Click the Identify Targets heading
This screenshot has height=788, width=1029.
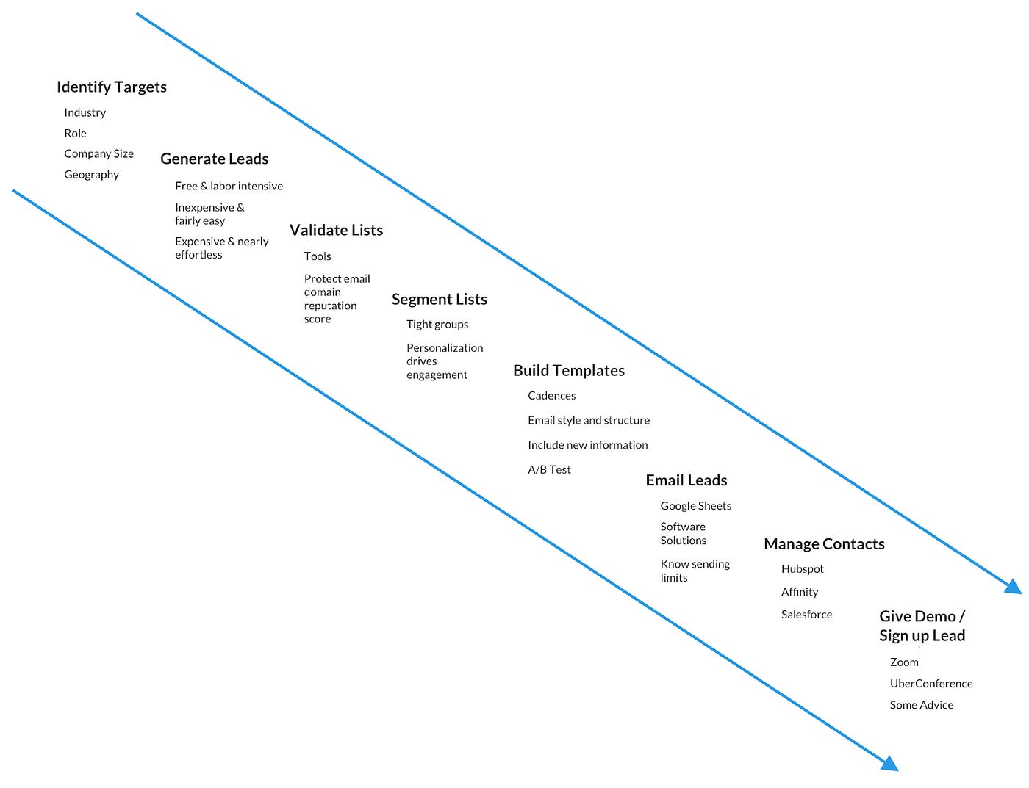(x=112, y=87)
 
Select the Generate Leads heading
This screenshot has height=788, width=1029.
(x=214, y=159)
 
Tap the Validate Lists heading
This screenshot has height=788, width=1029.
(x=336, y=230)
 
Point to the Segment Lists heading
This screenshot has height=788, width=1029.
(x=439, y=299)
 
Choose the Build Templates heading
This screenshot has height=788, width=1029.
(x=568, y=370)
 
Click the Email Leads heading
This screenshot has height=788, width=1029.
(x=686, y=480)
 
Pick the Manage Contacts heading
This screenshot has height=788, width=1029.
(x=823, y=544)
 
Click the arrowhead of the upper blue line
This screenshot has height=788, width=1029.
(x=1014, y=586)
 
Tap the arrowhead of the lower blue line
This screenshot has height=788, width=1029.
(x=889, y=764)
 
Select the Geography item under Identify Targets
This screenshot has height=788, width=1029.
(x=91, y=175)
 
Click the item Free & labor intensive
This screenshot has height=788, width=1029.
(x=229, y=187)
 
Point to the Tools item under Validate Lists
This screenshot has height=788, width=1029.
(x=318, y=256)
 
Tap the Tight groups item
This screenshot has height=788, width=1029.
(x=437, y=325)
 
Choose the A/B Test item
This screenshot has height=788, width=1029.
(x=549, y=470)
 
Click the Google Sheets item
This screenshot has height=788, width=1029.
(x=695, y=506)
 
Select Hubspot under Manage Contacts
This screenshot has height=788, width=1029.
(x=802, y=569)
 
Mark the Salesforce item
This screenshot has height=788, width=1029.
(x=806, y=615)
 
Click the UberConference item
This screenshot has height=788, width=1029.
(x=931, y=684)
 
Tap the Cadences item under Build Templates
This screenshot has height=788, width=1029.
(x=551, y=396)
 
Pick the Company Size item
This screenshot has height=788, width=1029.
(x=98, y=154)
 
